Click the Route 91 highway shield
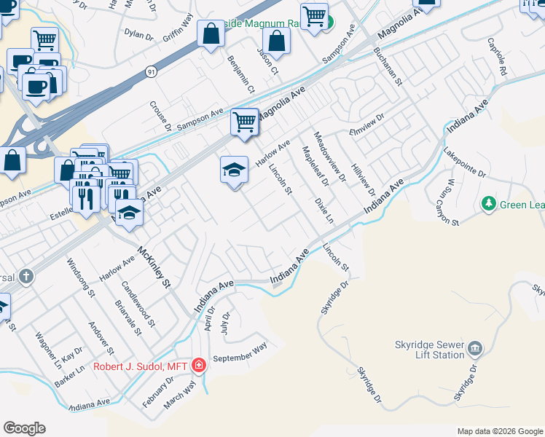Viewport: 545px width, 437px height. click(x=151, y=71)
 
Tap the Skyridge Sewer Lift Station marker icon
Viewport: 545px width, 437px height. click(x=475, y=347)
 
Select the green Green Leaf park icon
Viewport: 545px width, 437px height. click(x=489, y=205)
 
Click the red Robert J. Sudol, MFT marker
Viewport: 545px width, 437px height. click(x=199, y=366)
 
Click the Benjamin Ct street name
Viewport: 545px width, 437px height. click(x=240, y=75)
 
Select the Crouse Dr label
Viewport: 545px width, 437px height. click(x=160, y=115)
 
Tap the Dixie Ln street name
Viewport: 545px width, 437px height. click(x=324, y=210)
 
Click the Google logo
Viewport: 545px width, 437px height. click(x=24, y=428)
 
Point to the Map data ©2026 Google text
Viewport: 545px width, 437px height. click(x=500, y=431)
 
